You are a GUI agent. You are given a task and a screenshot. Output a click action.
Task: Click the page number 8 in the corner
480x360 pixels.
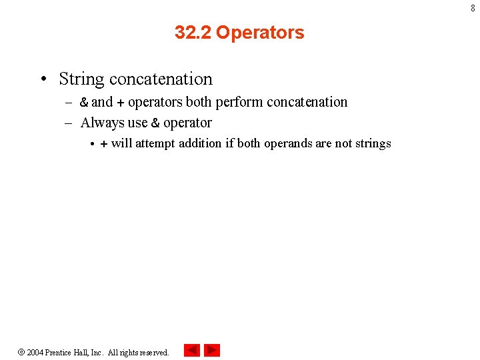[x=473, y=9]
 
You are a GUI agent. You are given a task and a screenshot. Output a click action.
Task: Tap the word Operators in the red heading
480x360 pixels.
[x=260, y=32]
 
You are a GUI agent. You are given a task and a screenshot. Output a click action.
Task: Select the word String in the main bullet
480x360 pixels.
[x=81, y=79]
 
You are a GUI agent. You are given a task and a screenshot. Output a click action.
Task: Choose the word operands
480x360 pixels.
[x=287, y=143]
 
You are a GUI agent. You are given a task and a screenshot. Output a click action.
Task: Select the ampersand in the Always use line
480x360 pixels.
[x=155, y=123]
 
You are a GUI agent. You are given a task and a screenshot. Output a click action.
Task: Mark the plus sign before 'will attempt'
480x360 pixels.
[x=103, y=143]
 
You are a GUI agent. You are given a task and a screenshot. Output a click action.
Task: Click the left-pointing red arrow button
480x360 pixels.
[x=192, y=350]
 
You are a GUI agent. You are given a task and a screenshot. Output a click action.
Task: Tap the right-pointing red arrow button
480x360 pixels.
[x=212, y=350]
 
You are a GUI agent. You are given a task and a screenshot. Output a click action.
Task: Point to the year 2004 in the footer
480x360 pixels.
[x=35, y=352]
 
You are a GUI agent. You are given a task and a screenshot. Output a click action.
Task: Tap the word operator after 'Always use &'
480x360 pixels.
[x=187, y=123]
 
